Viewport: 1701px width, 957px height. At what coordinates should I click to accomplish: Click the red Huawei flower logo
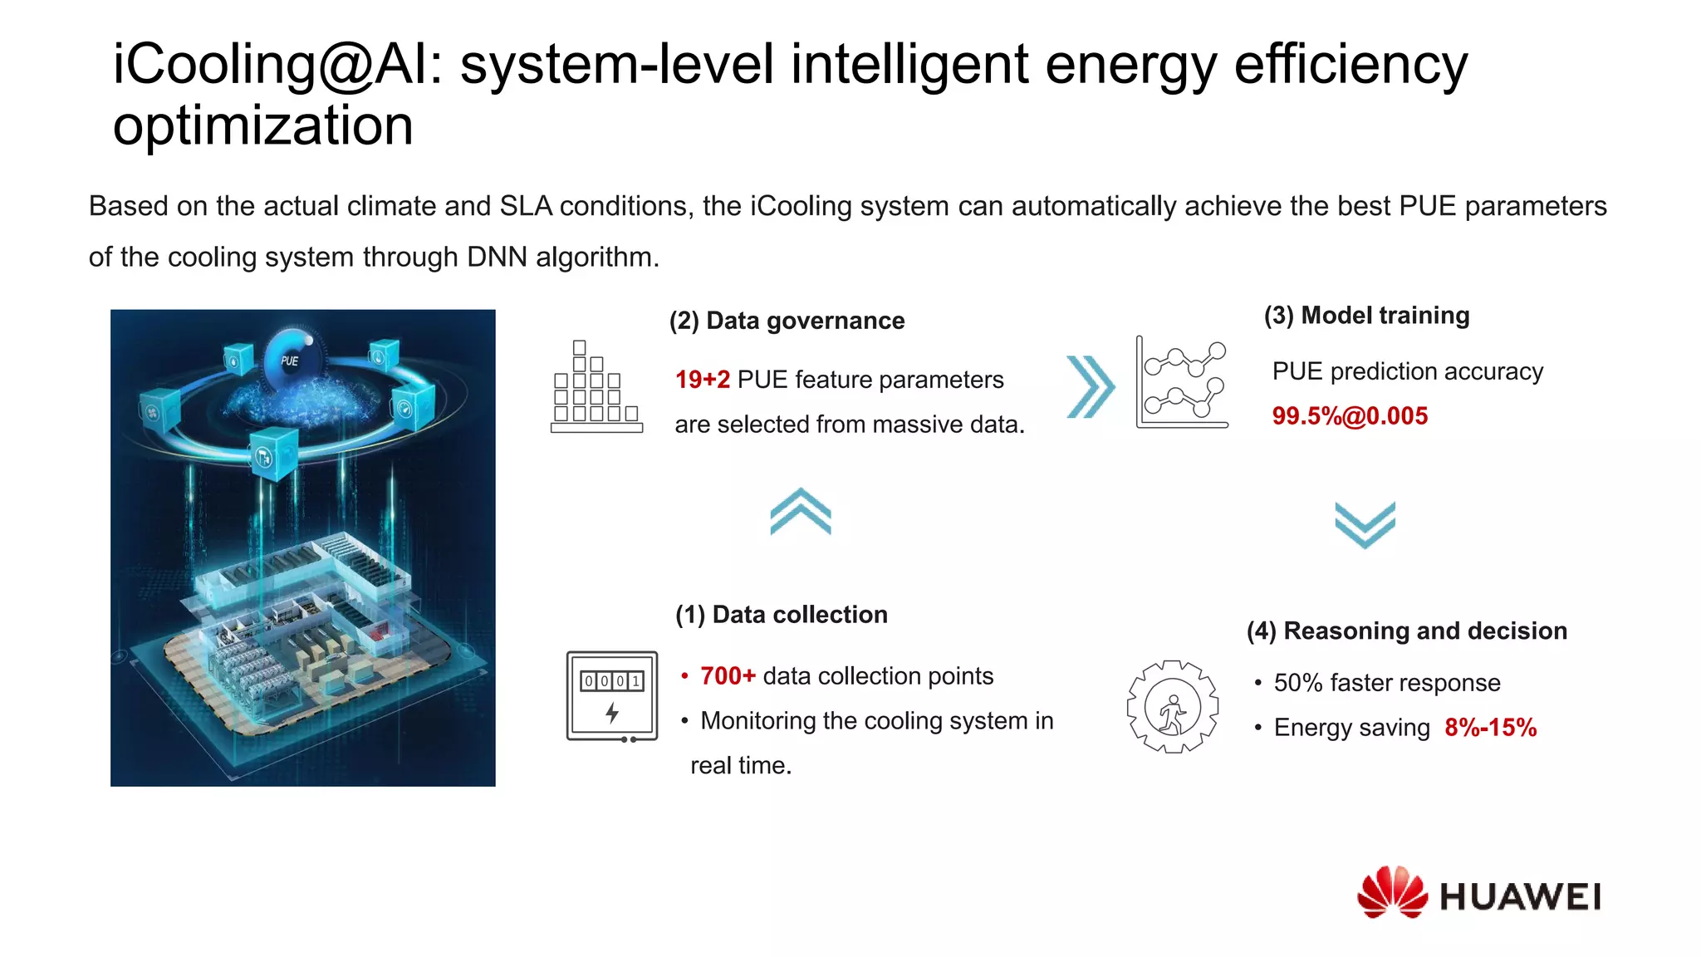(1392, 892)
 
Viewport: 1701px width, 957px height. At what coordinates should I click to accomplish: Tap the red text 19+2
(702, 380)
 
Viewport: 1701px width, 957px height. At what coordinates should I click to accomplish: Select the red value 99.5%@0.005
(1350, 415)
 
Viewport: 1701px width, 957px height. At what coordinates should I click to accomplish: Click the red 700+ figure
(728, 676)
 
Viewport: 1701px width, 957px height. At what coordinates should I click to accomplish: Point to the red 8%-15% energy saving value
(1490, 728)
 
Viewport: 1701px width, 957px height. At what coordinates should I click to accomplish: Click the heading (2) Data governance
(787, 321)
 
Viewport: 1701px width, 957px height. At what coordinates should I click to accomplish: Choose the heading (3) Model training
(1366, 316)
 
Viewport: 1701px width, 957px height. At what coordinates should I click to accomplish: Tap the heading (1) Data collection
(781, 615)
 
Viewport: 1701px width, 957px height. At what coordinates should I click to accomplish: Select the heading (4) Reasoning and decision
(1406, 631)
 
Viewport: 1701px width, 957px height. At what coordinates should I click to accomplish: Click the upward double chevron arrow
(800, 511)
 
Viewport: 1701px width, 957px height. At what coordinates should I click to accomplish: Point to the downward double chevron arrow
(1365, 524)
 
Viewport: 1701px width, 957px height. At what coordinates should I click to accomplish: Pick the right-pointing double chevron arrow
(1090, 386)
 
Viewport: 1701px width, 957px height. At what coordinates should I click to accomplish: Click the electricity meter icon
(612, 696)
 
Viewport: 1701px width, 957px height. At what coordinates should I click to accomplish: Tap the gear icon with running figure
(1172, 707)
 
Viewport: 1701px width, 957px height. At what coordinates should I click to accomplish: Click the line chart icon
(1182, 382)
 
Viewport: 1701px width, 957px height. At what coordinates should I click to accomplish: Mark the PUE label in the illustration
(289, 361)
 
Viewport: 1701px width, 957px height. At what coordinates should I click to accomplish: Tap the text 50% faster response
(1387, 683)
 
